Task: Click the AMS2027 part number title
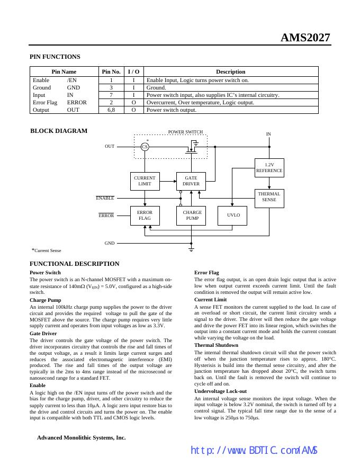click(305, 38)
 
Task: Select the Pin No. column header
click(111, 71)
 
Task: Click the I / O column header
click(133, 71)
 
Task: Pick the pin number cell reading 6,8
click(111, 110)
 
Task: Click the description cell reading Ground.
click(156, 88)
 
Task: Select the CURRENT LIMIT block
click(145, 181)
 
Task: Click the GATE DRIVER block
click(191, 181)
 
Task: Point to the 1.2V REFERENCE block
click(269, 168)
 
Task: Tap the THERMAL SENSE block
click(269, 197)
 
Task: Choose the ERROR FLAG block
click(145, 216)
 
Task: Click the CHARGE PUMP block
click(191, 216)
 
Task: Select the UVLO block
click(233, 216)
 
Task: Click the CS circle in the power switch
click(145, 147)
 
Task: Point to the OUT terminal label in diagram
click(110, 146)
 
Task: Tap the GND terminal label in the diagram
click(110, 243)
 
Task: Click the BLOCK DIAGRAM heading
click(59, 131)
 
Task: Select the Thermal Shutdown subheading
click(212, 345)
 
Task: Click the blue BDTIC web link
click(254, 450)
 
